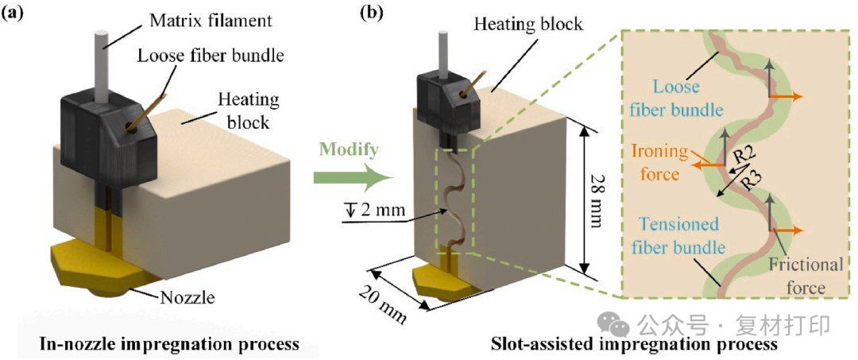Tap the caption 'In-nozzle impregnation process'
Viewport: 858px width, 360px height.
[170, 344]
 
